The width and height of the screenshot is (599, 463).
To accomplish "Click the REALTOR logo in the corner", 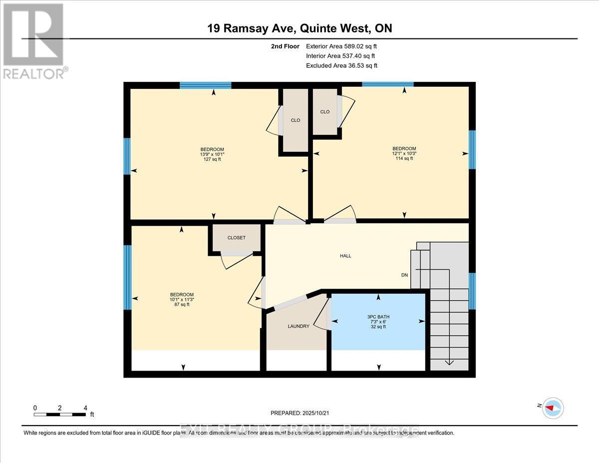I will (x=33, y=40).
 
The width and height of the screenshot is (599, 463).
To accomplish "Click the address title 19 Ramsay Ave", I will (x=299, y=28).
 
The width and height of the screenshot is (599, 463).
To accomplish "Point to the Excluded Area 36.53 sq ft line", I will (x=341, y=65).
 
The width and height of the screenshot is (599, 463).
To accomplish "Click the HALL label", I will (x=345, y=256).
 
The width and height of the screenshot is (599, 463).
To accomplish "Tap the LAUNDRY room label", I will (x=299, y=326).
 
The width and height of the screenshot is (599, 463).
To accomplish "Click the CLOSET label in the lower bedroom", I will (x=236, y=238).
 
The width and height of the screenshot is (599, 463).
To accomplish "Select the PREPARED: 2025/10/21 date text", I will (x=299, y=413).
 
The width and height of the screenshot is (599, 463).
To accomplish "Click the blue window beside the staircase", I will (x=472, y=291).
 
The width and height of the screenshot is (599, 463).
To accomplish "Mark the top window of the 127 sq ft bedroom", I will (x=205, y=85).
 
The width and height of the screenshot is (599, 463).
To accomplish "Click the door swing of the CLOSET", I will (x=237, y=261).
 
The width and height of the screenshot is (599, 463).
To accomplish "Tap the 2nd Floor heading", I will (x=285, y=46).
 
